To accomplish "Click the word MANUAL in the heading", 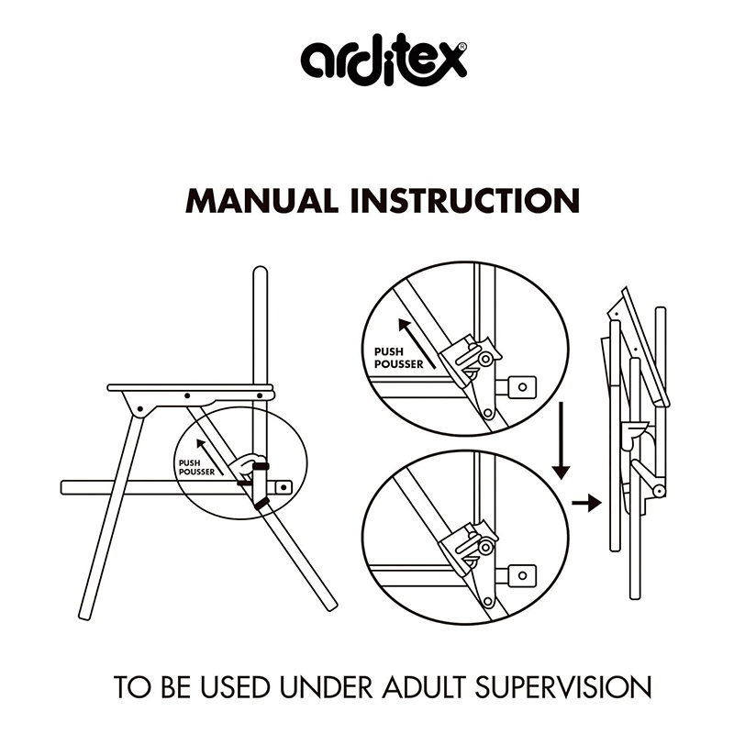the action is (261, 201).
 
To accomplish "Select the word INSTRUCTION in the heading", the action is (465, 201).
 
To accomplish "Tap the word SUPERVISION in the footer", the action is (563, 687).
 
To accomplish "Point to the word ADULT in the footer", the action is (424, 687).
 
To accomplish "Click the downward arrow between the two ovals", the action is (561, 441).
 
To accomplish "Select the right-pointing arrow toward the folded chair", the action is (586, 503).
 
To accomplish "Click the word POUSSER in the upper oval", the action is (399, 364).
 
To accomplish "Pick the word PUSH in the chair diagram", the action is (189, 463).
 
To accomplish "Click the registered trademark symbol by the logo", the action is (462, 47).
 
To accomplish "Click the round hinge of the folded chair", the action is (659, 491).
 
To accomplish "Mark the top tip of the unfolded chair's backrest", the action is (261, 268).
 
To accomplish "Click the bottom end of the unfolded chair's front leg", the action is (84, 617).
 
